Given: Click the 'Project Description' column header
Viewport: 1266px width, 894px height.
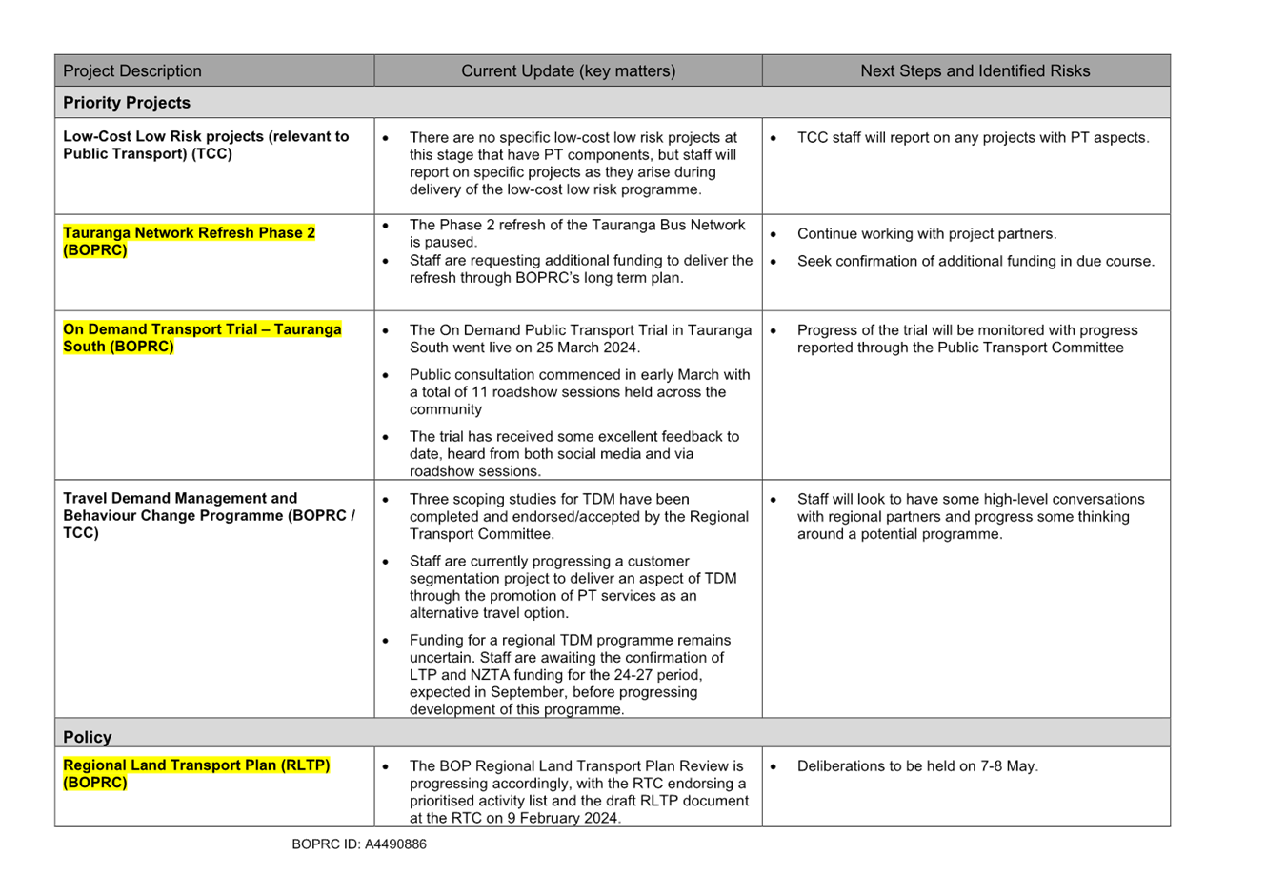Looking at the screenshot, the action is pos(132,71).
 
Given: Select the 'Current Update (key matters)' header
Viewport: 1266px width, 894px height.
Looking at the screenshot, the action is pos(568,71).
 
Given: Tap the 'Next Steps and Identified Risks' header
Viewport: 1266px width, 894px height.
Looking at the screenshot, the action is pos(975,71).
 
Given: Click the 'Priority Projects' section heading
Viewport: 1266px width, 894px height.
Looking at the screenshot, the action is pos(127,103).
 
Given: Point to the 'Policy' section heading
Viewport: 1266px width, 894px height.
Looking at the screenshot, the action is pos(87,737).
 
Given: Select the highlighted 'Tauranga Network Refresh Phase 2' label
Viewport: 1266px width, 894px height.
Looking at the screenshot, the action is pos(189,233).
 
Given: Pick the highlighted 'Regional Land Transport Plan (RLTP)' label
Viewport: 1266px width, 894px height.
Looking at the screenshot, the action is pos(196,765).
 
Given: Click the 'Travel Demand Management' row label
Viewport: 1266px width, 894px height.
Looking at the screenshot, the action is pos(180,498).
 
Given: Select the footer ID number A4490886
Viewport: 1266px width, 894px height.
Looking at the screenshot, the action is pos(395,844).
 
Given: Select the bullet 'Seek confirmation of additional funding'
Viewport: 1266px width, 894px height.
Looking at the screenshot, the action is pos(975,262).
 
